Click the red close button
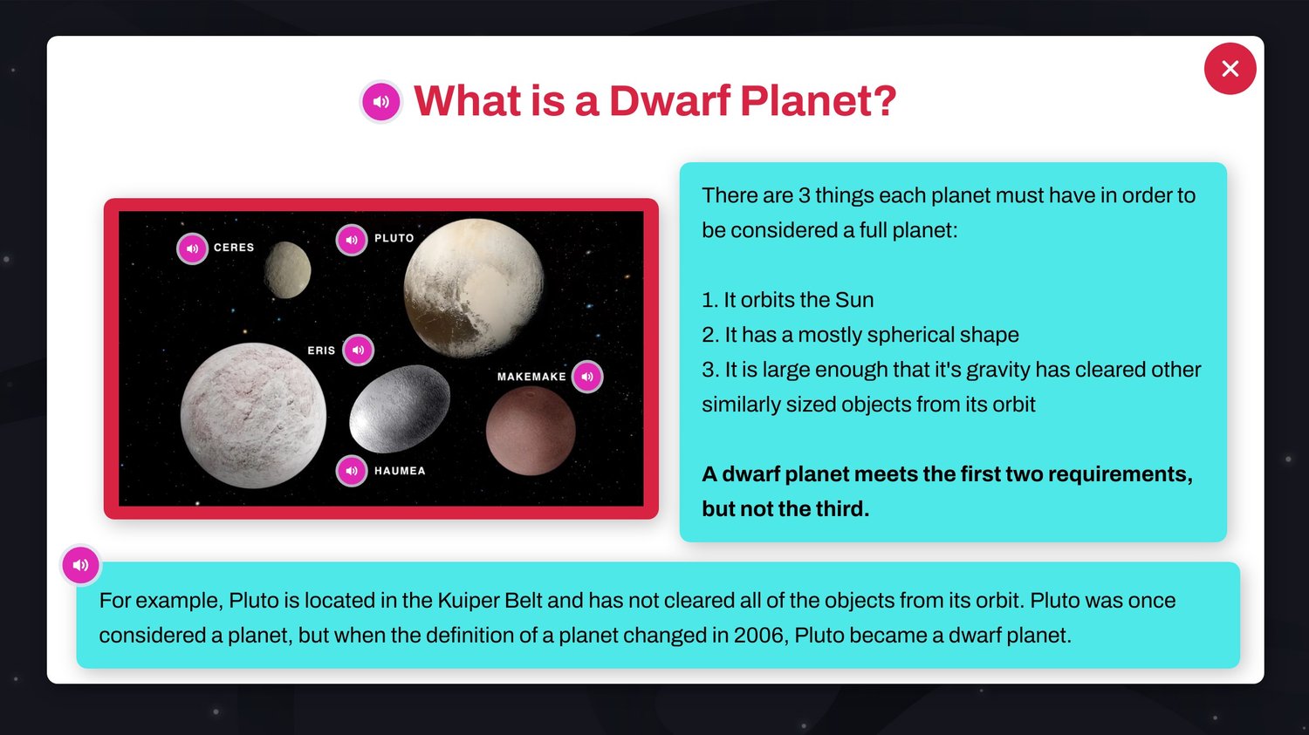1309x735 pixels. [1230, 68]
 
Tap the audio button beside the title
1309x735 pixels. [380, 102]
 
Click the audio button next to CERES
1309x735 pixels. [192, 248]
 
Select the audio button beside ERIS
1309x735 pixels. [358, 350]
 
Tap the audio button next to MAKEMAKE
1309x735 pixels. [587, 377]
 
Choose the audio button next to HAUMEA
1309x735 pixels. [351, 471]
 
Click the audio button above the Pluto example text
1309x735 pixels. [80, 564]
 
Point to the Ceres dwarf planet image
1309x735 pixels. [287, 269]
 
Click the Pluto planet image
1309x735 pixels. [474, 287]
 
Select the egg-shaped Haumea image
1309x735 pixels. [400, 409]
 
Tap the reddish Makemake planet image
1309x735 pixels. [531, 431]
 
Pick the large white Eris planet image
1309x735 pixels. [253, 416]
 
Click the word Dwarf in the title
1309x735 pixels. [669, 101]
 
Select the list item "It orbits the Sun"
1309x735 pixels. [788, 300]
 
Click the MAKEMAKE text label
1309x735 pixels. [531, 377]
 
